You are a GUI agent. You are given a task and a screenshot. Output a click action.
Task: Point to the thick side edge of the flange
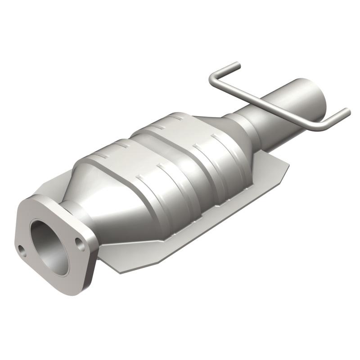click(90, 270)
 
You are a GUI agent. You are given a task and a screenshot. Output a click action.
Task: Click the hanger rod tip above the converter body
click(237, 65)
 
